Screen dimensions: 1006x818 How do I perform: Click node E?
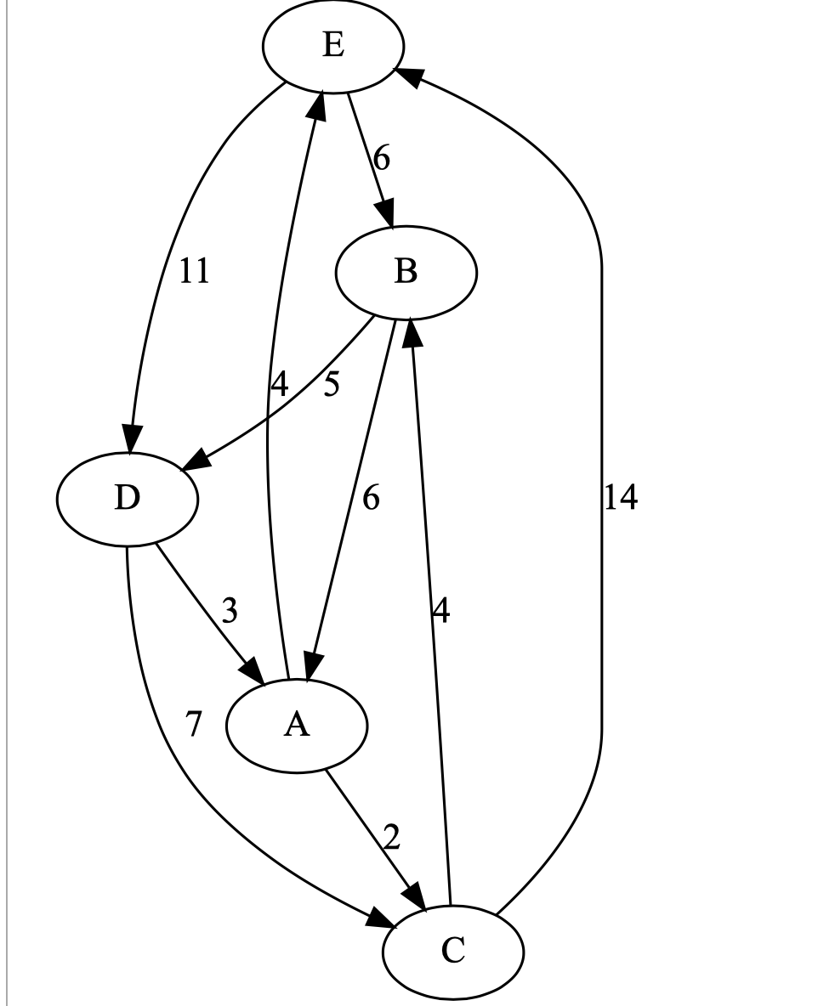coord(333,46)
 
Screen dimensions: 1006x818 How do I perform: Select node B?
coord(406,272)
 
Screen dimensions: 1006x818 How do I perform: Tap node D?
coord(127,498)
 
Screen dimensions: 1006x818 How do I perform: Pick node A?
coord(296,725)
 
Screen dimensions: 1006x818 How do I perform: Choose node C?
coord(452,951)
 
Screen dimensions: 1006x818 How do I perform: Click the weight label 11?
coord(194,272)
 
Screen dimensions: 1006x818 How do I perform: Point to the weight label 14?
coord(621,498)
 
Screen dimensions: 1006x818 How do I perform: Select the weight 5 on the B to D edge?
coord(331,385)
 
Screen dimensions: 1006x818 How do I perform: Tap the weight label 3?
coord(230,611)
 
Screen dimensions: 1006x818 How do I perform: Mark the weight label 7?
coord(194,725)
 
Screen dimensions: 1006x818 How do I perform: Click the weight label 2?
coord(391,838)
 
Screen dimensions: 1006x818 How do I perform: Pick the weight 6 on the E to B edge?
coord(382,159)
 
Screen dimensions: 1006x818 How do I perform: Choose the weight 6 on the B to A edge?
coord(371,498)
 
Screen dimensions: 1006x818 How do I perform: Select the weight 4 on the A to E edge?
coord(279,385)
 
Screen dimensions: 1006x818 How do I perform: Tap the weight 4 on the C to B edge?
coord(440,611)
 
